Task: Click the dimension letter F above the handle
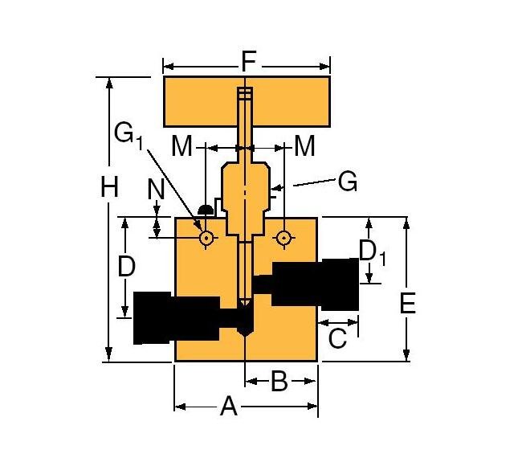coord(248,60)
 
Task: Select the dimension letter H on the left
coord(109,188)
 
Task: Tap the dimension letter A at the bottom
coord(229,407)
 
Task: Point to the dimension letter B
coord(279,381)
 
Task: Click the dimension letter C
coord(338,338)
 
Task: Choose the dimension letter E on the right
coord(407,304)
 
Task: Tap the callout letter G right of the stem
coord(347,182)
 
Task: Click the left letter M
coord(183,146)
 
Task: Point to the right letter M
coord(304,146)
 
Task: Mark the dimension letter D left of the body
coord(127,266)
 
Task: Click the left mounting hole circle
coord(206,238)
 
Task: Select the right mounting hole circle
coord(282,238)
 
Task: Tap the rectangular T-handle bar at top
coord(201,102)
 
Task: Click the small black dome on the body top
coord(206,211)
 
